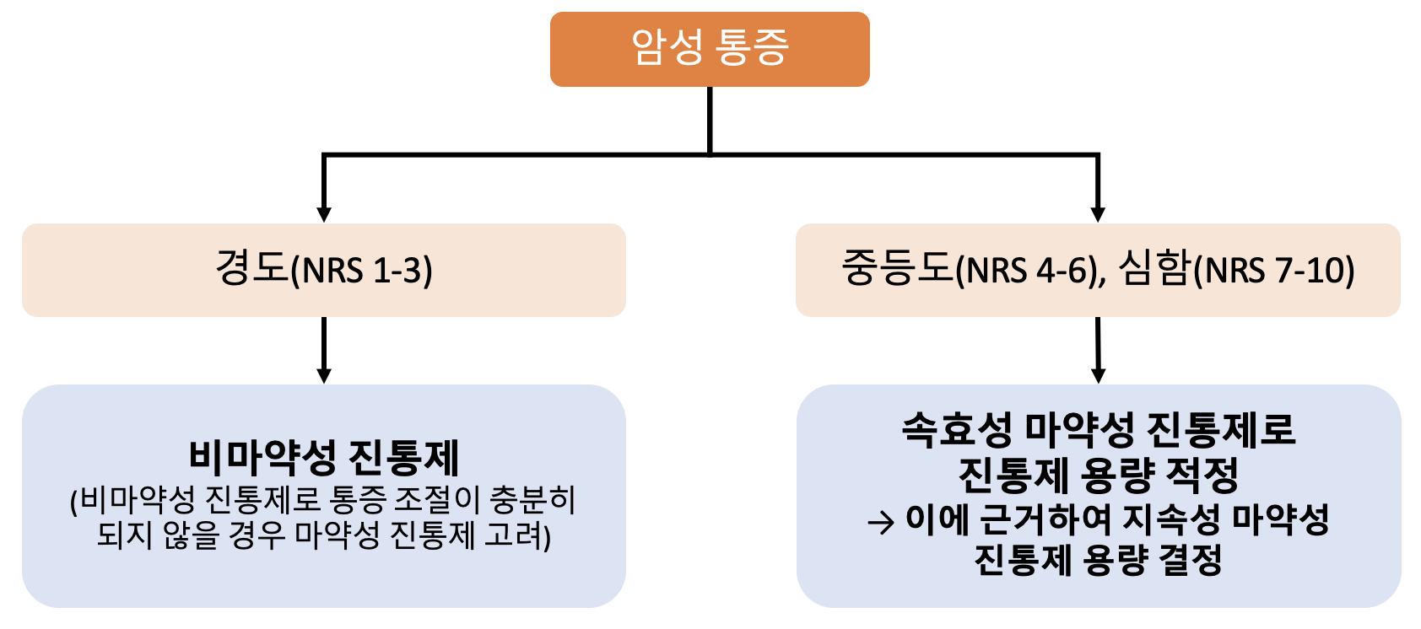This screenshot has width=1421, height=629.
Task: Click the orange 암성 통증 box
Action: tap(709, 49)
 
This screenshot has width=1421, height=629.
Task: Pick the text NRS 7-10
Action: tap(1273, 271)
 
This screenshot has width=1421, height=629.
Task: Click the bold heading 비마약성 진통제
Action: tap(323, 457)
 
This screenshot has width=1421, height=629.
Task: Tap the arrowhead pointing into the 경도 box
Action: tap(323, 214)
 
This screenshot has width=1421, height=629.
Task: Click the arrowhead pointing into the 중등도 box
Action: tap(1098, 214)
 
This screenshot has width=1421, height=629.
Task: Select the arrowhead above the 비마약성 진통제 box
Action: tap(323, 375)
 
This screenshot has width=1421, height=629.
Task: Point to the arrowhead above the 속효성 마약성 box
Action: tap(1098, 375)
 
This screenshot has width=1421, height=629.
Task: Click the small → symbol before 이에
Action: tap(880, 523)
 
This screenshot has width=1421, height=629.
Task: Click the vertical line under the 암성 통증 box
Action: tap(709, 121)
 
